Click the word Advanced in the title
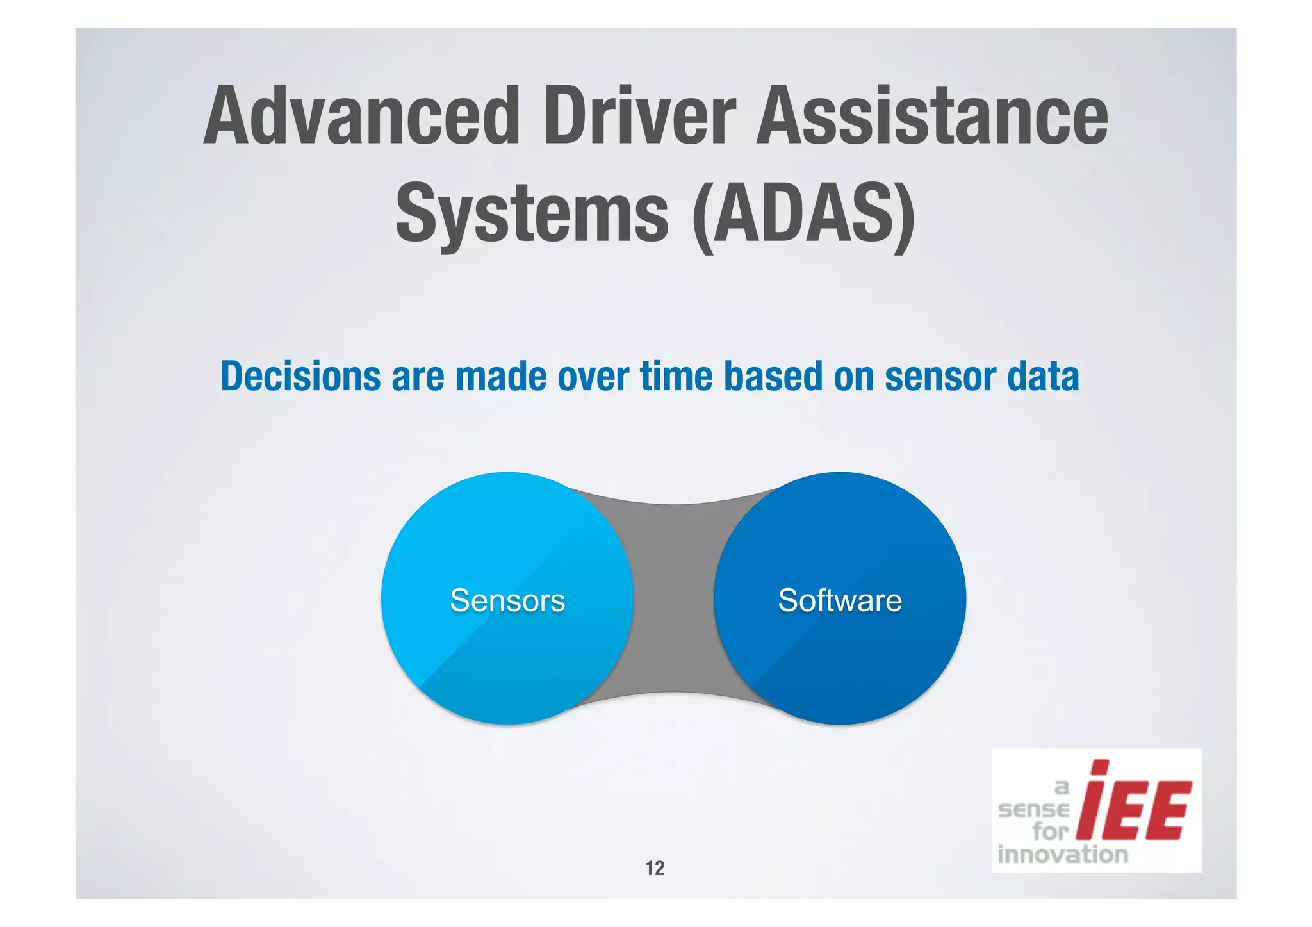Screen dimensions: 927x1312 [362, 117]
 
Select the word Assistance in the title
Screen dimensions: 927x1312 [932, 117]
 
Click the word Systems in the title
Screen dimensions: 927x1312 [532, 213]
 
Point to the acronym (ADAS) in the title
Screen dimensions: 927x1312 [804, 213]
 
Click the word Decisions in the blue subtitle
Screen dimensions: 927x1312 [300, 377]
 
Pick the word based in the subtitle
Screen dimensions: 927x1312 [773, 377]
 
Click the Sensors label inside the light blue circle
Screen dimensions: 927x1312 [507, 601]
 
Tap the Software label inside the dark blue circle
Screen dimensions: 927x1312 [840, 601]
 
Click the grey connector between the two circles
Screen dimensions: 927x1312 [674, 599]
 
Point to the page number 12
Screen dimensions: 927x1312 [655, 868]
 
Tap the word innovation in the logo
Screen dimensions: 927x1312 [1062, 855]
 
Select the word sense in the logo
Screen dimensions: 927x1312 [1034, 810]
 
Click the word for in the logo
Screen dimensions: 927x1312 [1051, 832]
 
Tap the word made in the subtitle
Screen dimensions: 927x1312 [501, 377]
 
